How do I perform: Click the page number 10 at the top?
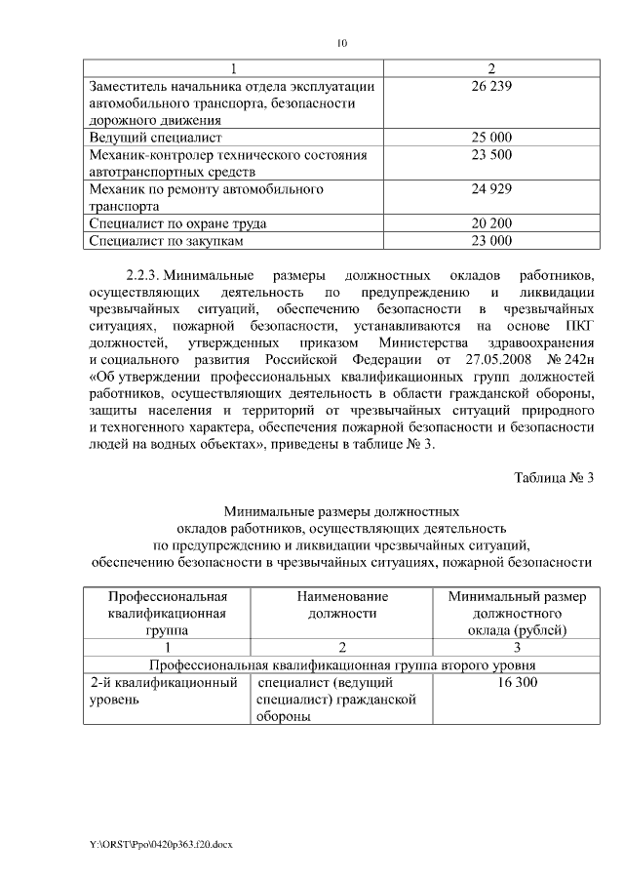pyautogui.click(x=341, y=43)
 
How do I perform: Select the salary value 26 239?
pyautogui.click(x=491, y=85)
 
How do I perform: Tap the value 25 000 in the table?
pyautogui.click(x=491, y=137)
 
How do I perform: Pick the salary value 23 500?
pyautogui.click(x=491, y=154)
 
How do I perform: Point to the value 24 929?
pyautogui.click(x=491, y=188)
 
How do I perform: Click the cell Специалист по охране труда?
pyautogui.click(x=177, y=223)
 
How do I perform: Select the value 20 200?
pyautogui.click(x=491, y=223)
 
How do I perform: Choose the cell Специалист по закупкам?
pyautogui.click(x=162, y=240)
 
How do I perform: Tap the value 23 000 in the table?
pyautogui.click(x=491, y=240)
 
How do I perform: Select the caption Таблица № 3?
pyautogui.click(x=553, y=476)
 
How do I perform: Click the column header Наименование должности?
pyautogui.click(x=342, y=604)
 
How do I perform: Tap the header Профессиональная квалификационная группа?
pyautogui.click(x=167, y=613)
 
